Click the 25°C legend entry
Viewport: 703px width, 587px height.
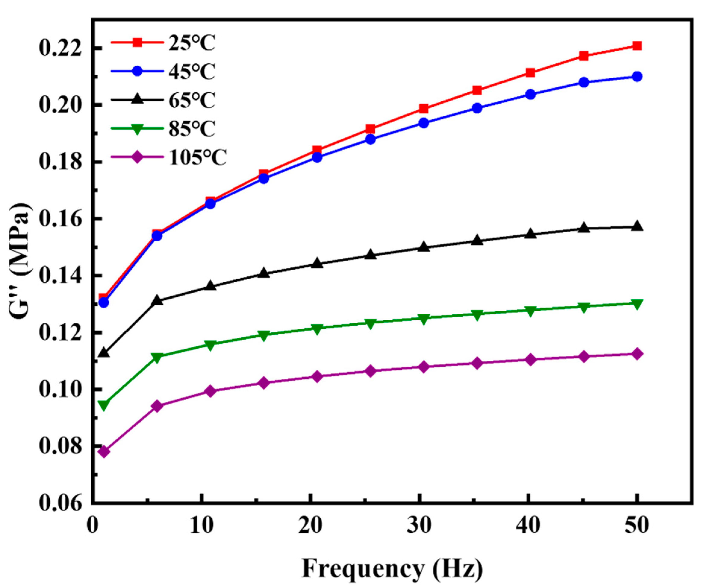coord(191,43)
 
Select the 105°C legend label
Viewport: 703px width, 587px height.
coord(198,158)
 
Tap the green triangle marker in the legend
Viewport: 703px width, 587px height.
coord(137,129)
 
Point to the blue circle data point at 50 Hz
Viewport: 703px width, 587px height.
coord(637,77)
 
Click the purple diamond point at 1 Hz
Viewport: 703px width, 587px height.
coord(104,452)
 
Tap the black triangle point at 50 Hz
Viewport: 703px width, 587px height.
coord(637,227)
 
